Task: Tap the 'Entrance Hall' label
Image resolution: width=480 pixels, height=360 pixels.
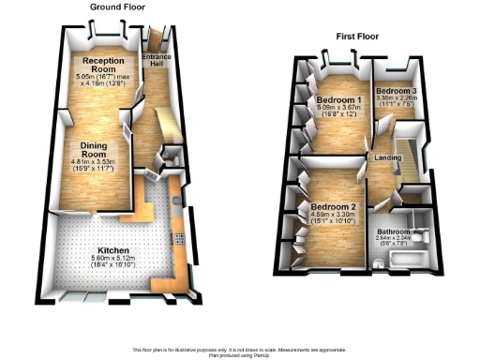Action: (x=157, y=59)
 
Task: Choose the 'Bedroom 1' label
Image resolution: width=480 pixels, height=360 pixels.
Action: (x=339, y=99)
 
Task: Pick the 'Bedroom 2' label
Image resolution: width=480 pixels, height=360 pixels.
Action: (x=332, y=206)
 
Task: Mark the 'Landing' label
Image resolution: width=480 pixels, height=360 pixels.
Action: (x=388, y=157)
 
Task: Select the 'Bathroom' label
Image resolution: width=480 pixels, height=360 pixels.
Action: (x=394, y=231)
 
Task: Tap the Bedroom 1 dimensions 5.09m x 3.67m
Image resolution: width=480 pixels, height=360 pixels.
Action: (x=339, y=108)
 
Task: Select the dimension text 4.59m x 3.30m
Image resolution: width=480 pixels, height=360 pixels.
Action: (x=332, y=215)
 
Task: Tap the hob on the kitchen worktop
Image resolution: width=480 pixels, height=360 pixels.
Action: (x=177, y=237)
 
